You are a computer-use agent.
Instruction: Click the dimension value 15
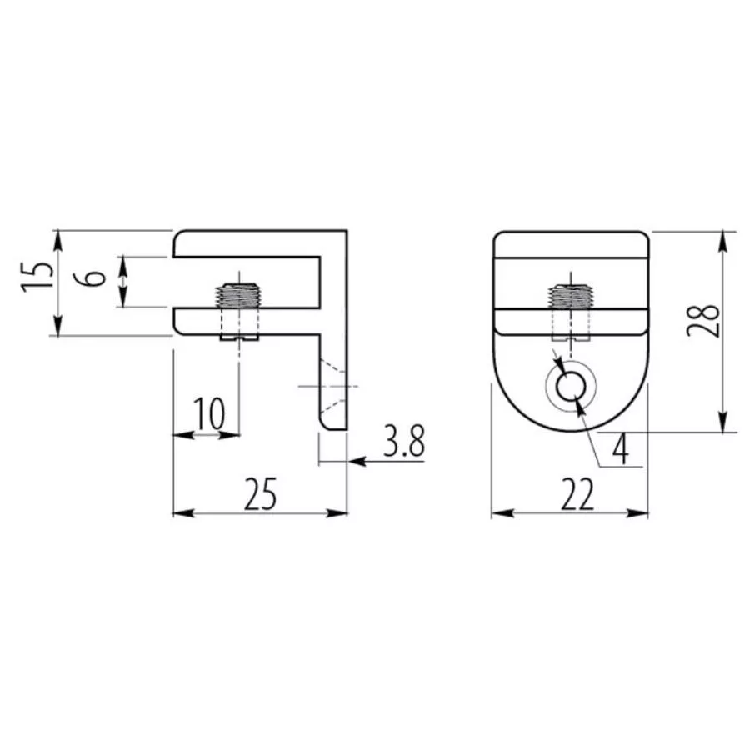(x=37, y=277)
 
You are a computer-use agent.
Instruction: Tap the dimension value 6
(x=95, y=277)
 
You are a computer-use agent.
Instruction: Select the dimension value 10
(x=209, y=413)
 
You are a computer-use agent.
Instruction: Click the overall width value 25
(x=260, y=493)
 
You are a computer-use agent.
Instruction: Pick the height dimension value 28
(x=703, y=321)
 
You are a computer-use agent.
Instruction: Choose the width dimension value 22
(x=577, y=494)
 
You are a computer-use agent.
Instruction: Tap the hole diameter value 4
(x=620, y=450)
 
